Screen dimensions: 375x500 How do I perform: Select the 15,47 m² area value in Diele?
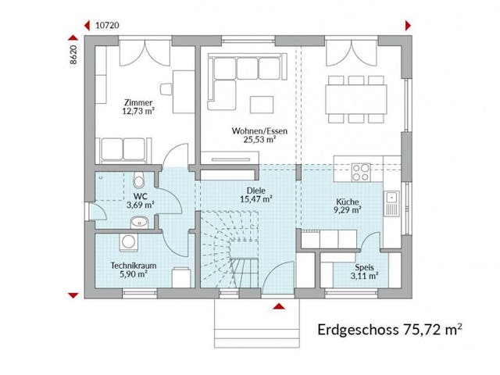click(255, 200)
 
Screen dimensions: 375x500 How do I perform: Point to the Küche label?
click(347, 200)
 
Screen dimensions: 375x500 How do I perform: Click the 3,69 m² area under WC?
click(141, 205)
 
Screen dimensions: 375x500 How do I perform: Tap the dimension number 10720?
click(107, 25)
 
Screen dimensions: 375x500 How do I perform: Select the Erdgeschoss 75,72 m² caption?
click(389, 330)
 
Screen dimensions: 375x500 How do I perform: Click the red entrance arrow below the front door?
click(277, 307)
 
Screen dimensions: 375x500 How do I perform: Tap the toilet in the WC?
click(138, 179)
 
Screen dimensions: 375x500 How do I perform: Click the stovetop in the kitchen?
click(362, 170)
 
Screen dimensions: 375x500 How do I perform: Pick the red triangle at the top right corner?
click(408, 25)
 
